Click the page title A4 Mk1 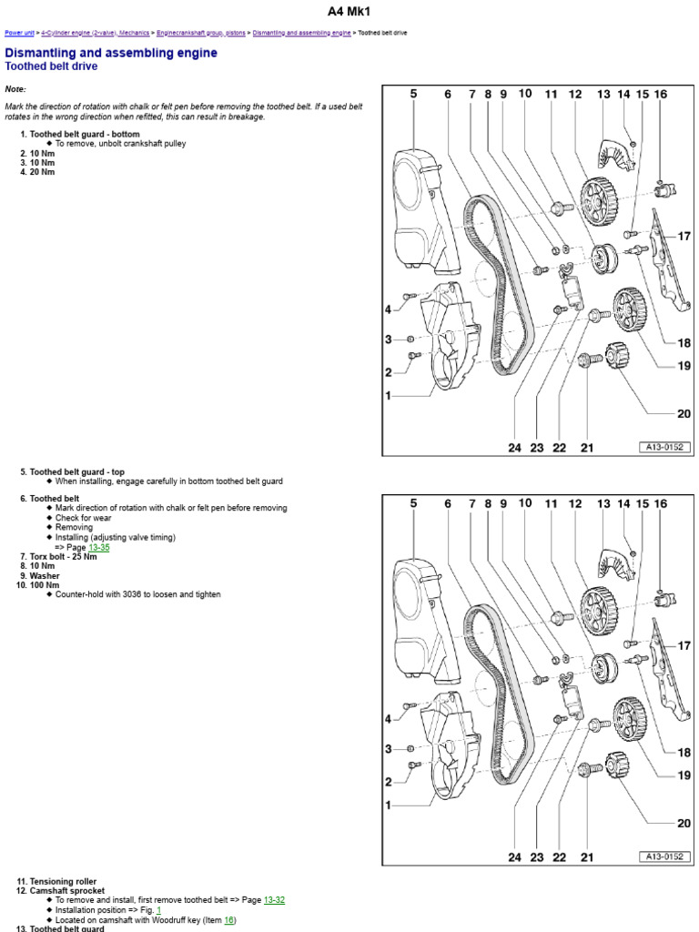[x=349, y=12]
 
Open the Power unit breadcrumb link [x=19, y=33]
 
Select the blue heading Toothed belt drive [x=51, y=66]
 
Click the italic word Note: [x=15, y=89]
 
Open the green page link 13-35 [x=98, y=548]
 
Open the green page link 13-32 [x=274, y=900]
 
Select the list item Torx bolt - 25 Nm [x=63, y=556]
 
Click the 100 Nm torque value [x=45, y=585]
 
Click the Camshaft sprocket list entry [x=67, y=890]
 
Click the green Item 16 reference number [x=228, y=920]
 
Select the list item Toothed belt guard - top [x=77, y=472]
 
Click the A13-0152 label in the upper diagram [x=664, y=447]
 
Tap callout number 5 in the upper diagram [x=413, y=94]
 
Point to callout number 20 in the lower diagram [x=684, y=824]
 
